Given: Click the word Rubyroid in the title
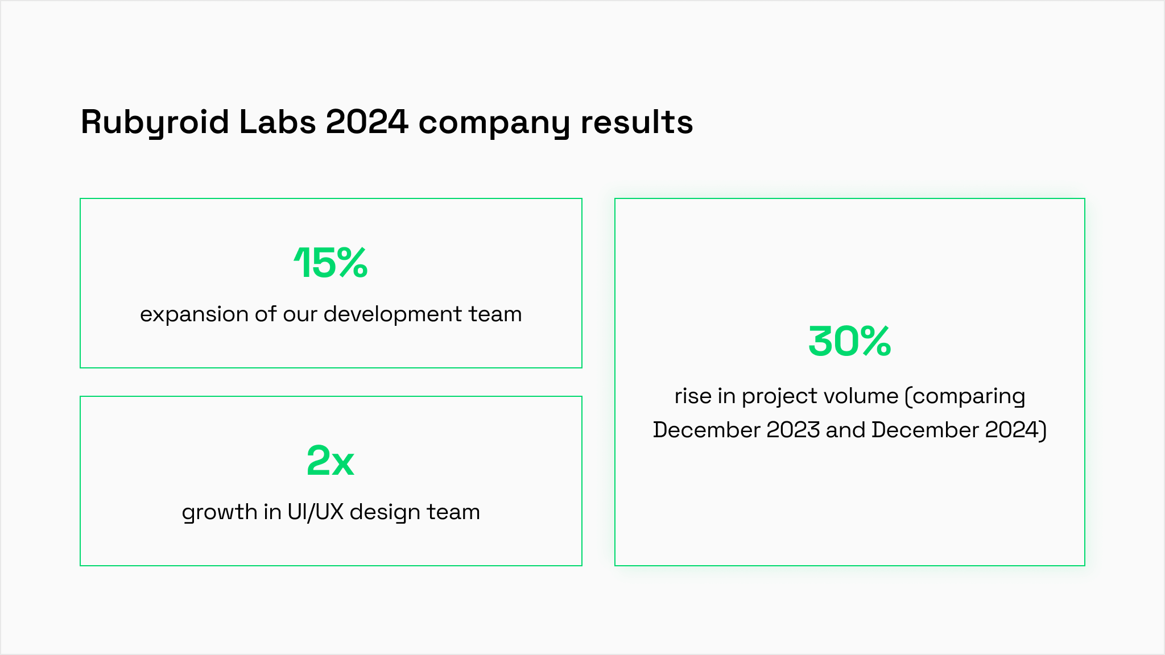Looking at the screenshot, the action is coord(155,122).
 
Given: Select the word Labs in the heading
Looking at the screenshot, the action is coord(278,122).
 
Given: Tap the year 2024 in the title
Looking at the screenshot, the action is coord(367,122).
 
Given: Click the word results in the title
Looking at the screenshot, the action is coord(637,122).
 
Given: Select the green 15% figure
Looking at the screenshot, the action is coord(331,263).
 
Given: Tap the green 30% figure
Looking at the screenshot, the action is coord(850,341).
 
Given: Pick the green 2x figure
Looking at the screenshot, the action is coord(331,461).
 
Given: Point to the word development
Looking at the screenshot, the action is coord(393,314).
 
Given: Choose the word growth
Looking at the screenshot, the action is coord(220,512).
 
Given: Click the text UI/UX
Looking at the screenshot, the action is coord(315,512).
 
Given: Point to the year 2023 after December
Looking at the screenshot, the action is coord(793,430).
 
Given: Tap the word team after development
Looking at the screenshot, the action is coord(495,314).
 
